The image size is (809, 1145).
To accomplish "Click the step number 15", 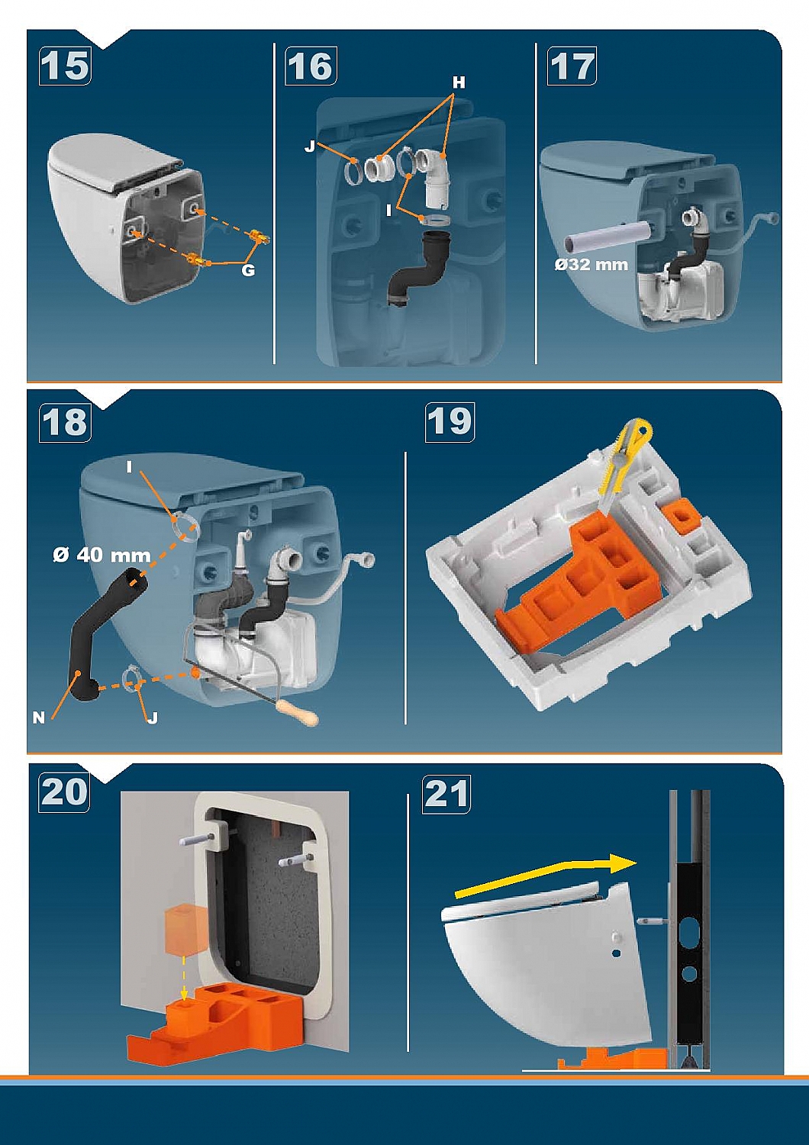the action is pyautogui.click(x=65, y=66).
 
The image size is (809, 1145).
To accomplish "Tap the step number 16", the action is pyautogui.click(x=310, y=66).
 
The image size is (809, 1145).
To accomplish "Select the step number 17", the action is pyautogui.click(x=572, y=66).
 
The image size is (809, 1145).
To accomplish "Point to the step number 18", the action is pyautogui.click(x=65, y=423).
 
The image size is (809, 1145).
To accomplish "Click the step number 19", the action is pyautogui.click(x=450, y=423).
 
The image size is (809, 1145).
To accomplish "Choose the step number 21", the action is pyautogui.click(x=446, y=794).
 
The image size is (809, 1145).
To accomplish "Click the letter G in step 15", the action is pyautogui.click(x=248, y=270).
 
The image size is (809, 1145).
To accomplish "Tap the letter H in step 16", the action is pyautogui.click(x=459, y=82).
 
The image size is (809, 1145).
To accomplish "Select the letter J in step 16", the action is pyautogui.click(x=309, y=146).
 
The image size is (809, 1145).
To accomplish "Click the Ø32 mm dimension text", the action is pyautogui.click(x=591, y=264).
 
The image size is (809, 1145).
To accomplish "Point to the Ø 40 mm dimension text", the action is pyautogui.click(x=102, y=555).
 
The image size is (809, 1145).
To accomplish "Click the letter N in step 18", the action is pyautogui.click(x=39, y=718).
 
